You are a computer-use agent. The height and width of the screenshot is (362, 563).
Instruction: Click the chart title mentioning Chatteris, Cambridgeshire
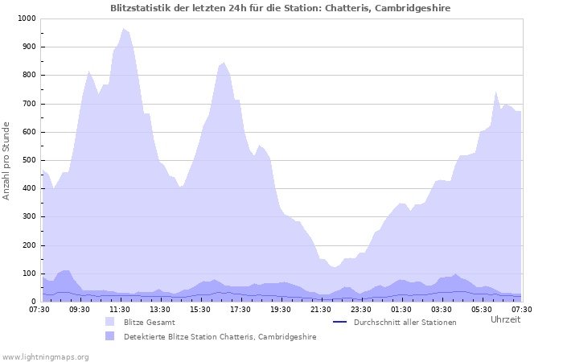click(x=280, y=8)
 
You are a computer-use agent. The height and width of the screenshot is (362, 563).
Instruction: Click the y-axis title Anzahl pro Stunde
click(x=7, y=161)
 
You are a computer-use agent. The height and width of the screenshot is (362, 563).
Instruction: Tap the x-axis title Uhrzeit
click(x=505, y=319)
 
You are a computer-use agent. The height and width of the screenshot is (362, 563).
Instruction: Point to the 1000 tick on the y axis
click(x=27, y=19)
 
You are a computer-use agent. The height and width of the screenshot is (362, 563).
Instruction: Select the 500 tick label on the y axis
click(x=29, y=160)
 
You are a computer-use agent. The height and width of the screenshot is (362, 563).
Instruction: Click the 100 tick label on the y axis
click(x=29, y=274)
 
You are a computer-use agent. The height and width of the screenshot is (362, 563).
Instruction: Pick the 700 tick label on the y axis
click(x=29, y=104)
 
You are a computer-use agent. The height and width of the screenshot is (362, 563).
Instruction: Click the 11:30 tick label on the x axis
click(x=120, y=309)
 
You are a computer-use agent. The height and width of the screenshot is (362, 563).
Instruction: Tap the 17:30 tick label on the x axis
click(x=240, y=309)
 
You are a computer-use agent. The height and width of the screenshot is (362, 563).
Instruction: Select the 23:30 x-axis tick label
click(x=361, y=309)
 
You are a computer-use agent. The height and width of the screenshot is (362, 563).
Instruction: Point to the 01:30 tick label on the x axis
click(x=401, y=309)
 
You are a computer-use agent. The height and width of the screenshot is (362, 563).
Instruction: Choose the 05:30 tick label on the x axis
click(x=482, y=309)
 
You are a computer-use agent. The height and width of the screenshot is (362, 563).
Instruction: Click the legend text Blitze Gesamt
click(x=150, y=322)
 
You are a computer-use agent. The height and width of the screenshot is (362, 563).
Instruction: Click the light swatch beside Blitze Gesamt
click(x=110, y=322)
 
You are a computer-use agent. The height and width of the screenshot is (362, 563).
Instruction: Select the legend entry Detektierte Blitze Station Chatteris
click(x=220, y=337)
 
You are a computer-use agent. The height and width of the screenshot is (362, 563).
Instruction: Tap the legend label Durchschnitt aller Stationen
click(x=405, y=322)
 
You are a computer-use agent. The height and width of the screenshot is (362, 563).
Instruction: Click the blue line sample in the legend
click(x=339, y=322)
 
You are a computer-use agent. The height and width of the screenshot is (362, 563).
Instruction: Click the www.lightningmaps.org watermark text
click(x=45, y=356)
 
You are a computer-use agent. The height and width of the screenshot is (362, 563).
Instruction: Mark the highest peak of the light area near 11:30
click(x=124, y=29)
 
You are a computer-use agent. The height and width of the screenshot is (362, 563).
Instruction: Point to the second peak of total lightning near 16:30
click(x=224, y=62)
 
